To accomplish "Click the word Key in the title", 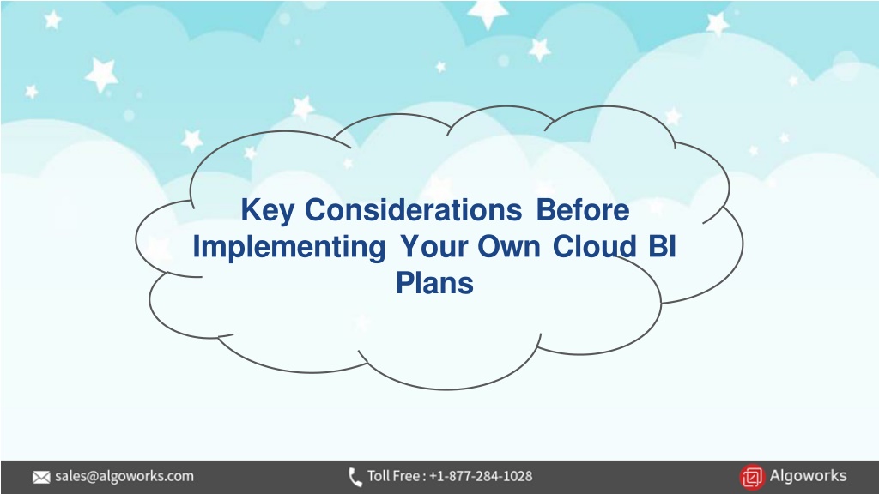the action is point(268,211).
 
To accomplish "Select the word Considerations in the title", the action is point(413,210).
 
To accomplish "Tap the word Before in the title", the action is point(583,210).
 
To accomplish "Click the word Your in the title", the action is point(433,247).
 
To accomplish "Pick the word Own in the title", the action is point(509,247).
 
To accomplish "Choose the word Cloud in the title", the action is point(595,246).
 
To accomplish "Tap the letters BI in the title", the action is point(662,246).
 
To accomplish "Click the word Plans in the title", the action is point(434,282).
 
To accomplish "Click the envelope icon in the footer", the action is point(41,477).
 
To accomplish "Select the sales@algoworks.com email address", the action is point(124,476).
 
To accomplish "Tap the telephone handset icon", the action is point(355,477).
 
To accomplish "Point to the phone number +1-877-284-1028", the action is point(481,476).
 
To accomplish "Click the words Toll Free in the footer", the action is point(393,476).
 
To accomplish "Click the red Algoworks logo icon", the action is point(752,477).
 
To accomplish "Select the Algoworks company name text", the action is point(808,475).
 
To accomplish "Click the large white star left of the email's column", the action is point(101,75).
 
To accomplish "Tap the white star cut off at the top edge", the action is point(488,12).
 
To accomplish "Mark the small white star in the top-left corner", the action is point(52,21).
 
